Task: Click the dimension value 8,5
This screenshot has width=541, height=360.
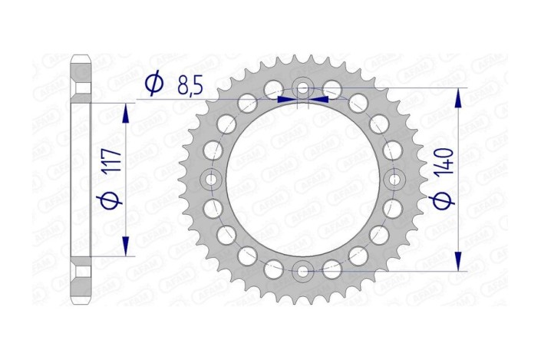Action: pyautogui.click(x=187, y=84)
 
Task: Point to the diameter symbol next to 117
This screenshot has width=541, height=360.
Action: pyautogui.click(x=109, y=200)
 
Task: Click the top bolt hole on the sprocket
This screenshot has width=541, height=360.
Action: pyautogui.click(x=302, y=89)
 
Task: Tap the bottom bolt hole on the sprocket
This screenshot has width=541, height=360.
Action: pyautogui.click(x=302, y=270)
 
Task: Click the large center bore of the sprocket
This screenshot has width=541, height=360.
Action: pyautogui.click(x=302, y=180)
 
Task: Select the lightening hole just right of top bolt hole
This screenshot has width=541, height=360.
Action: pyautogui.click(x=332, y=87)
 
